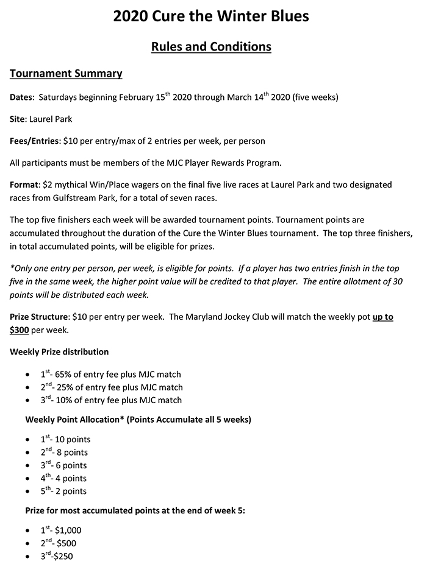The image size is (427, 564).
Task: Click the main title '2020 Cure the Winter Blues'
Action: tap(211, 16)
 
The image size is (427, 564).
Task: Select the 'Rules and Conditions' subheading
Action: tap(211, 46)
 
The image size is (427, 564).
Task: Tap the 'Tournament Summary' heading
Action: tap(66, 74)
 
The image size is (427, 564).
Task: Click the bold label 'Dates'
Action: tap(22, 97)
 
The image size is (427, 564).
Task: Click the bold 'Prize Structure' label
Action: tap(39, 318)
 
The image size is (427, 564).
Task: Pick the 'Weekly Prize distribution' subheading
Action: tap(60, 352)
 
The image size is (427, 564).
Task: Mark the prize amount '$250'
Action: tap(62, 556)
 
